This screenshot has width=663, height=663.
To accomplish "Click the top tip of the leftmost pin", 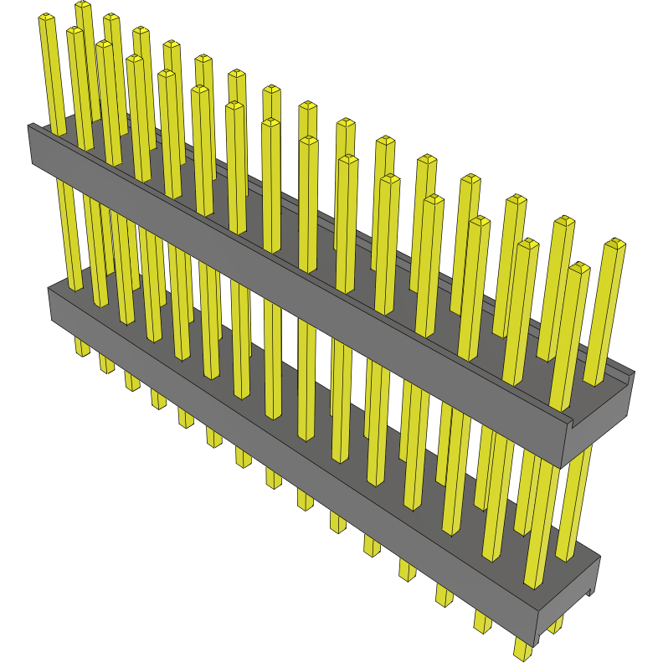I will click(46, 18).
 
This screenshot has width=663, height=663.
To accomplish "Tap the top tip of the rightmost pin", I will click(615, 244).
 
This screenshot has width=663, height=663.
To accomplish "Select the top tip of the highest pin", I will click(83, 6).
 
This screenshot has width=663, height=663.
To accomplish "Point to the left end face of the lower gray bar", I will click(51, 305).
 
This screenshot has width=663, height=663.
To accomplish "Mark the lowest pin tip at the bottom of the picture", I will click(522, 650).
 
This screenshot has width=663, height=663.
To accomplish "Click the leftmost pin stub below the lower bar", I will click(81, 347).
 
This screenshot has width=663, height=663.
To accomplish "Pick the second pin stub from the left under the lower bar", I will click(106, 363).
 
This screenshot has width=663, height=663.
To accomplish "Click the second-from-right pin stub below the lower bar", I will click(482, 620).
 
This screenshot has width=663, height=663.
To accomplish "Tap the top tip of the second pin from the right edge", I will click(579, 268).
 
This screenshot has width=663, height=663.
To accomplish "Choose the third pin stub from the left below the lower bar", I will click(132, 381).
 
